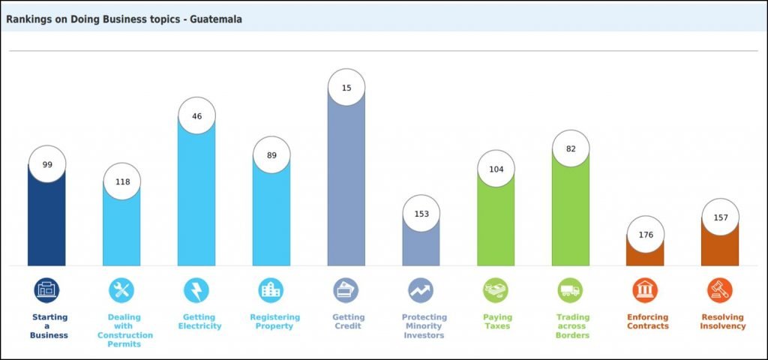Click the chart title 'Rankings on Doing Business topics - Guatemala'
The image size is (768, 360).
pos(124,19)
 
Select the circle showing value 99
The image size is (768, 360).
pos(47,164)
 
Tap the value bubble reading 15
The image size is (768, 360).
pos(346,88)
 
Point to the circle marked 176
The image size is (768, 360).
pos(646,235)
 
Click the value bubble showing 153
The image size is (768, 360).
pos(421,214)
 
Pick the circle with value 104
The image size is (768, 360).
pos(496,169)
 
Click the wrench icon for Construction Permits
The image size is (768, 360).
pos(121,290)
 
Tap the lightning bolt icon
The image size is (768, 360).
pos(196,290)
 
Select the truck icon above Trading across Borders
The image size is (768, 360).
pos(570,290)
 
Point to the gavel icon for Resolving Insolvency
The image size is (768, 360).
pos(720,290)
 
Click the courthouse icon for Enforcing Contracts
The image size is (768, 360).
pos(645,290)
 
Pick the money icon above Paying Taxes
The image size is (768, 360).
pos(496,290)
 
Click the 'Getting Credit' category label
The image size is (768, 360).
pos(346,322)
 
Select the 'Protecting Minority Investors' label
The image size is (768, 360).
pos(424,326)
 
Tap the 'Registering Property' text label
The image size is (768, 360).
pos(274,322)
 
